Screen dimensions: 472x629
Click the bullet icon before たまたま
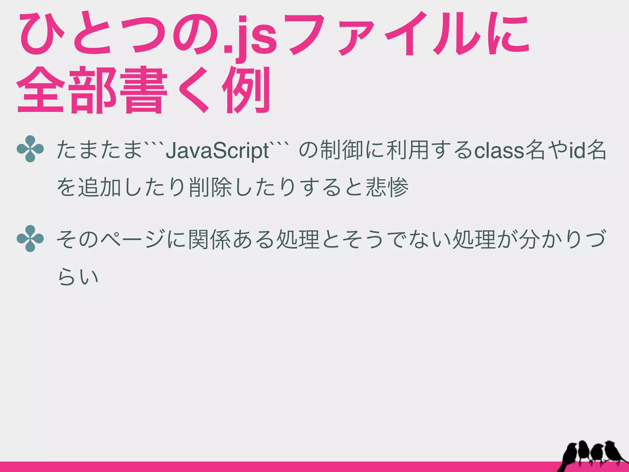pyautogui.click(x=30, y=149)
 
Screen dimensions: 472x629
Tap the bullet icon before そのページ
pyautogui.click(x=30, y=238)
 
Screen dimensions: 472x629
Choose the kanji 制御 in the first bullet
pyautogui.click(x=341, y=151)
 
